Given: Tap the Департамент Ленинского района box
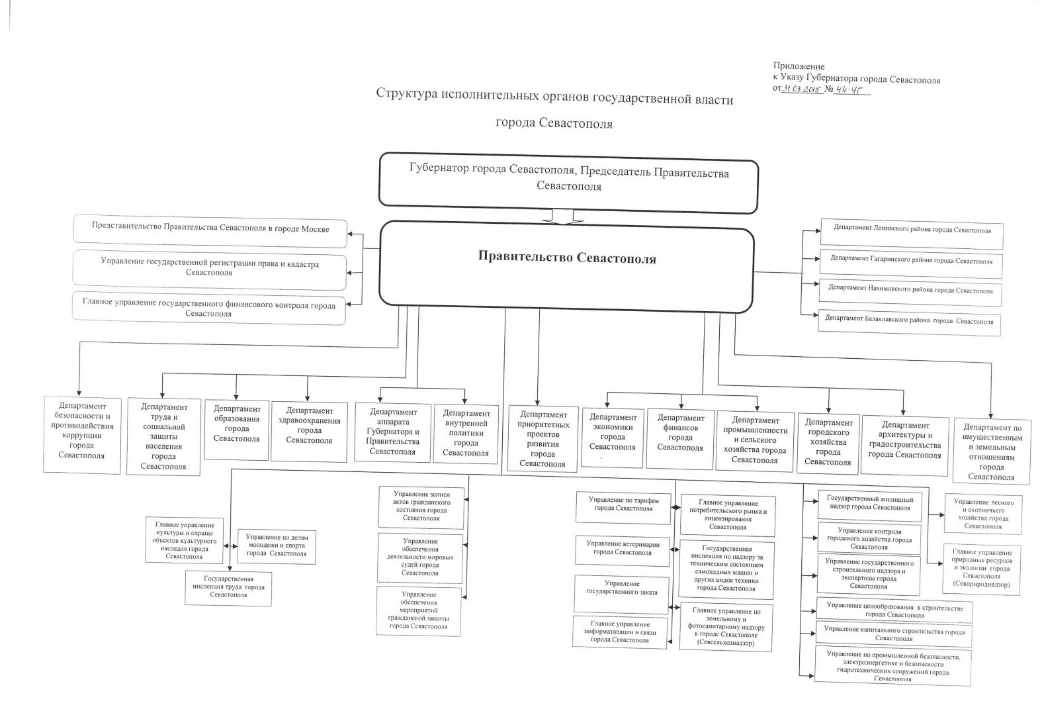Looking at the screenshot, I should point(912,232).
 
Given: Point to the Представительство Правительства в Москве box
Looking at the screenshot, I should point(210,229).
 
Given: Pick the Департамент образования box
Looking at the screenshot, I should point(236,429).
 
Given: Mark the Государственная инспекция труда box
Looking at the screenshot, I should point(228,587).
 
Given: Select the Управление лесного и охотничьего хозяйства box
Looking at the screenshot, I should point(983,514).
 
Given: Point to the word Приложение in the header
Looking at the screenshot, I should point(799,66).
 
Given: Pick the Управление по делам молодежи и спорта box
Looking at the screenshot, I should point(277,546).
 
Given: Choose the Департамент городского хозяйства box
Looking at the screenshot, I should point(828,442).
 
